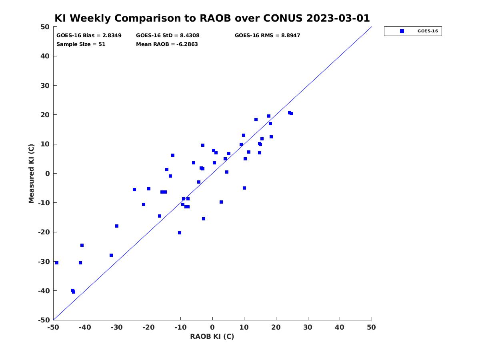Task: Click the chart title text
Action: pyautogui.click(x=212, y=18)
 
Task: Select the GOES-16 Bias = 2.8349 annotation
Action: pyautogui.click(x=89, y=36)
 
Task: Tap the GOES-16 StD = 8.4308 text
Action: pyautogui.click(x=168, y=36)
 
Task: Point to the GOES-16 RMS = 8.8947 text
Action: pyautogui.click(x=267, y=36)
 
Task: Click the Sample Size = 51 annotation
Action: pyautogui.click(x=81, y=44)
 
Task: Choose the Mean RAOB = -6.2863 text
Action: pyautogui.click(x=167, y=44)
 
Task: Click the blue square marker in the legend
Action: pyautogui.click(x=402, y=31)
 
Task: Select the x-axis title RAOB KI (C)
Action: pyautogui.click(x=212, y=336)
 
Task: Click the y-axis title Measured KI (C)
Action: pyautogui.click(x=31, y=174)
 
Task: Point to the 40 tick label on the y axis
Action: pyautogui.click(x=45, y=56)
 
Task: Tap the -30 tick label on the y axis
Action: pyautogui.click(x=44, y=262)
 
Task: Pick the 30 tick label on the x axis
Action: pyautogui.click(x=308, y=327)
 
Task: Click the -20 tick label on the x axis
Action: pyautogui.click(x=148, y=327)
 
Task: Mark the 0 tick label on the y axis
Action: pyautogui.click(x=48, y=174)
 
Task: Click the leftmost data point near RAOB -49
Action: pyautogui.click(x=57, y=263)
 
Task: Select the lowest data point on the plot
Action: pyautogui.click(x=74, y=292)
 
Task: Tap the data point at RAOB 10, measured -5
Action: pyautogui.click(x=244, y=188)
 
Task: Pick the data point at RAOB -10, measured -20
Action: pyautogui.click(x=180, y=233)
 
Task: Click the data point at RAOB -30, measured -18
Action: pyautogui.click(x=117, y=226)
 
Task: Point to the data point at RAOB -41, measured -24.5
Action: pyautogui.click(x=82, y=245)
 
